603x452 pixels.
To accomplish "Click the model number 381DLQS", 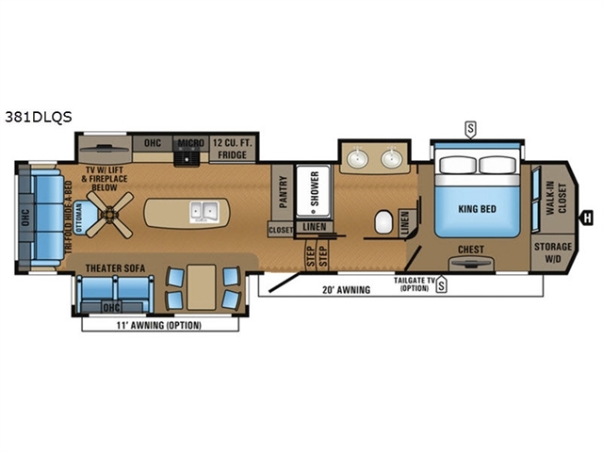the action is pos(39,117).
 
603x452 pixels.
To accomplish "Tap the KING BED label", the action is pos(478,209).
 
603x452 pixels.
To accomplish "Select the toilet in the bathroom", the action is pos(383,222).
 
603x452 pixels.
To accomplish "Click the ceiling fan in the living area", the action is pos(110,215).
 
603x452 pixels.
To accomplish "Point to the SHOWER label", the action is pos(315,188).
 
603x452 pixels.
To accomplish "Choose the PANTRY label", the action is pos(283,192).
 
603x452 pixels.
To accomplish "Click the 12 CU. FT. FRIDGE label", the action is pos(233,149).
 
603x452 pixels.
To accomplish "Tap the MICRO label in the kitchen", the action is pos(190,143).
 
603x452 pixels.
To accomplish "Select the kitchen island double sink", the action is pos(204,212).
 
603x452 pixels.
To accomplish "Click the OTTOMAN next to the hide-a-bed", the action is pos(86,218).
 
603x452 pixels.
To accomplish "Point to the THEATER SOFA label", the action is pos(115,268).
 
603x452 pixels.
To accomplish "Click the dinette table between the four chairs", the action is pos(201,286).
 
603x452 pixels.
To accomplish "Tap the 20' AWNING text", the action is pos(347,290).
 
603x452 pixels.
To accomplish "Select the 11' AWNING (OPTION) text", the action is pos(159,325).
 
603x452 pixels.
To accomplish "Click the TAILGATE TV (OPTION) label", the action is pos(415,284).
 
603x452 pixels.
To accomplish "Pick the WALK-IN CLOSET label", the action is pos(557,198).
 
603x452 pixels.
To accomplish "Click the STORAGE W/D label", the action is pos(553,252).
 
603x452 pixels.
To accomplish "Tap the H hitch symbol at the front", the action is pos(587,218).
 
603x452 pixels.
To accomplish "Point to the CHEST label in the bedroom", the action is pos(471,250).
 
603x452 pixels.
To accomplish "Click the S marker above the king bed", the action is pos(470,129).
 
